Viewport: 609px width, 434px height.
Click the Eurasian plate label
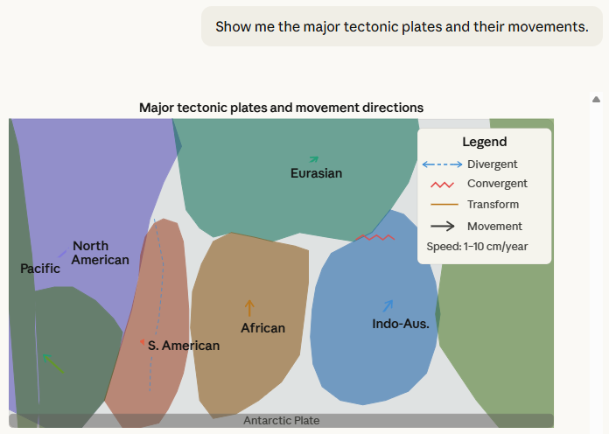[x=316, y=173]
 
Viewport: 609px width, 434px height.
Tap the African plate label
[x=262, y=328]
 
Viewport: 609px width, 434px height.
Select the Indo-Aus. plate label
[x=401, y=324]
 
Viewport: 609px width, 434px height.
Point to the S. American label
[x=183, y=346]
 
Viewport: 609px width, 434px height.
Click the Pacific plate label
[x=40, y=269]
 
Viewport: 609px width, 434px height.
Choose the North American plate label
[x=100, y=253]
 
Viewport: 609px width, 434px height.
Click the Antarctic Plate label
[x=281, y=421]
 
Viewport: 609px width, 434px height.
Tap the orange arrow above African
[x=249, y=307]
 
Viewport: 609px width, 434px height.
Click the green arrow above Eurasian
[x=314, y=159]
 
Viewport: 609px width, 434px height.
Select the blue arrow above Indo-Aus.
[x=388, y=305]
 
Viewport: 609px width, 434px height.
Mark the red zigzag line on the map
[x=376, y=237]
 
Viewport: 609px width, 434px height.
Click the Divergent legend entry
[x=492, y=164]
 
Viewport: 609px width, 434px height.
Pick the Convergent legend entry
[x=497, y=184]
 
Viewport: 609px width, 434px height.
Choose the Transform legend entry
[x=493, y=205]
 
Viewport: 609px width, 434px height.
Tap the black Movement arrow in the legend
[x=443, y=226]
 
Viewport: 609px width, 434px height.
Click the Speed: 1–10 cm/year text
[x=477, y=247]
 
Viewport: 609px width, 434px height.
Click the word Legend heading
[x=484, y=142]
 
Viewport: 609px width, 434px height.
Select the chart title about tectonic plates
[x=281, y=108]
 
